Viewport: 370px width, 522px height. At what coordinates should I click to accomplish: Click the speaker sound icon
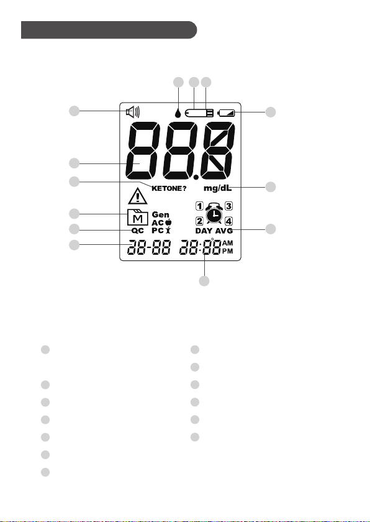(x=133, y=112)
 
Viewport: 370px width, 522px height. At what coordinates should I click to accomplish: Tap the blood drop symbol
(x=179, y=113)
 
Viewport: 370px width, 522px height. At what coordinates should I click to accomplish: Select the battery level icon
(x=226, y=113)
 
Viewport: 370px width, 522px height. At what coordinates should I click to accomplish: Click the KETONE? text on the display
(x=169, y=188)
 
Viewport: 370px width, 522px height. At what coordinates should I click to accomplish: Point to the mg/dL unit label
(x=217, y=188)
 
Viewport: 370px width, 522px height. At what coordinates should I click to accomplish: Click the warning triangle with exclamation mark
(x=138, y=196)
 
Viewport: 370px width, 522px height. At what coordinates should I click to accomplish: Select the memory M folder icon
(x=138, y=217)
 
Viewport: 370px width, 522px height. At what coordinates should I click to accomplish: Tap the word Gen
(x=161, y=215)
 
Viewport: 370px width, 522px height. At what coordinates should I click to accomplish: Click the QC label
(x=138, y=231)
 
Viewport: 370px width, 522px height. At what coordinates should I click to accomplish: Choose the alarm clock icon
(x=214, y=213)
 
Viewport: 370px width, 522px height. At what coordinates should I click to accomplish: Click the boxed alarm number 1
(x=199, y=206)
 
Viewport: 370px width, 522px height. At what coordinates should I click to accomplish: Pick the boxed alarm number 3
(x=228, y=206)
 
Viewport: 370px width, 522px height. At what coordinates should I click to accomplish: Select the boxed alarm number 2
(x=199, y=221)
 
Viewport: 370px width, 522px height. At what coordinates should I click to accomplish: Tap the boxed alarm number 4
(x=228, y=221)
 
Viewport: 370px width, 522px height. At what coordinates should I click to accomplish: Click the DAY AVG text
(x=214, y=231)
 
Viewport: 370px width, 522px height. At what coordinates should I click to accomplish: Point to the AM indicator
(x=228, y=244)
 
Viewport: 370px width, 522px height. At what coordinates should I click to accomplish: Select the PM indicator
(x=228, y=251)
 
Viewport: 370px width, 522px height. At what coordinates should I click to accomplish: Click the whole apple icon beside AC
(x=168, y=222)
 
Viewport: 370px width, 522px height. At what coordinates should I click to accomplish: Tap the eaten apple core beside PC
(x=168, y=230)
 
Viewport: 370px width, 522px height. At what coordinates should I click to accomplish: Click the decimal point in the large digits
(x=196, y=177)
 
